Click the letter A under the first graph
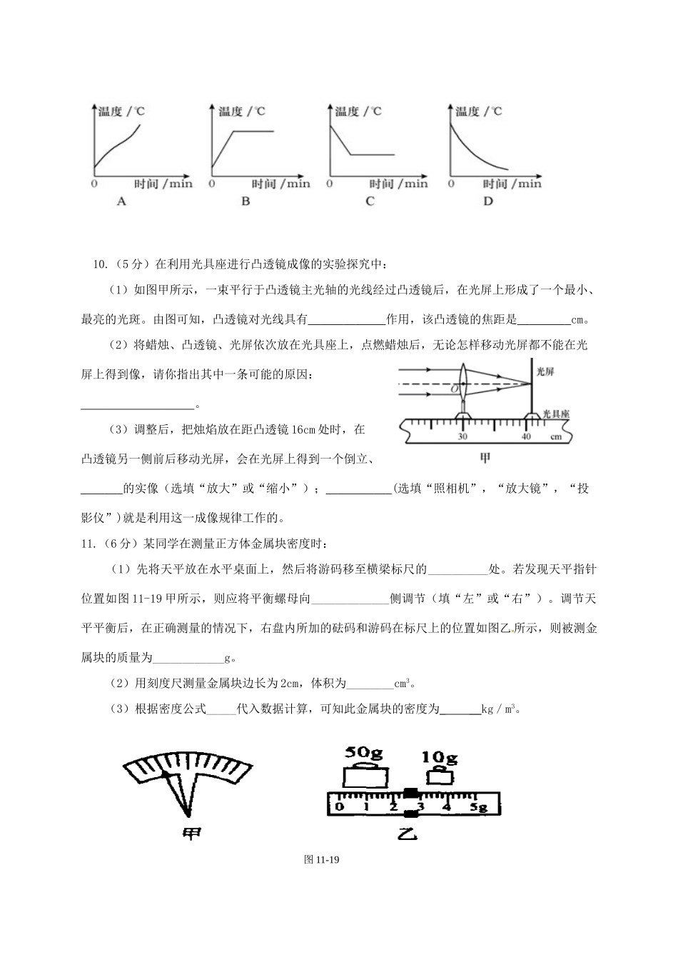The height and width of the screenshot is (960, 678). (x=121, y=202)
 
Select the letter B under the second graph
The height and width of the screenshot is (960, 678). (x=246, y=202)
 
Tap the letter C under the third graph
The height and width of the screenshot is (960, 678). (x=370, y=202)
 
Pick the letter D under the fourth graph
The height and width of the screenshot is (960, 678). (x=488, y=202)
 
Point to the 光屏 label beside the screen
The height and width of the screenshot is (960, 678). (x=545, y=372)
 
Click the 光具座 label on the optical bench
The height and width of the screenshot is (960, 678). (x=555, y=414)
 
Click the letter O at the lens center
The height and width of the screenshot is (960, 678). (x=454, y=390)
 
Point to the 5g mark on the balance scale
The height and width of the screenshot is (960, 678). (x=477, y=807)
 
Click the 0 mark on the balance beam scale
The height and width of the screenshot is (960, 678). (x=339, y=807)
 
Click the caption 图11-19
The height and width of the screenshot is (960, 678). (x=320, y=860)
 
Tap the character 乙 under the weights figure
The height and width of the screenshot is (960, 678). (x=408, y=834)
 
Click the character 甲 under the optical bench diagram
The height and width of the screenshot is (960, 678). (x=485, y=458)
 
